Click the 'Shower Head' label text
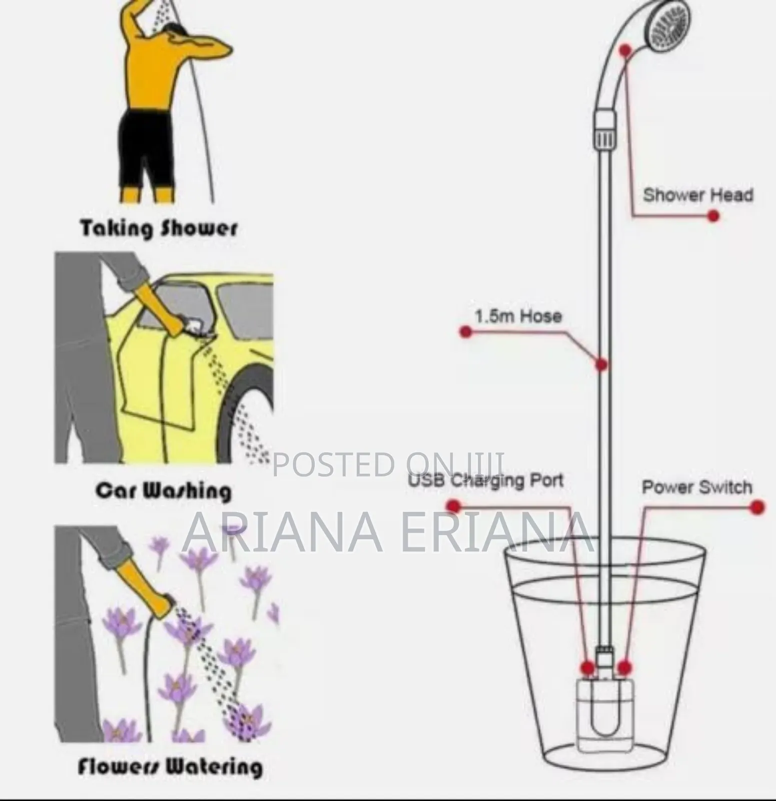click(x=697, y=194)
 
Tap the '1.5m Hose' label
click(x=518, y=316)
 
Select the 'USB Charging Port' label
click(x=486, y=481)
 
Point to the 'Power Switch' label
click(x=696, y=487)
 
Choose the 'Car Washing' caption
click(x=163, y=490)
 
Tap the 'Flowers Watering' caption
click(x=170, y=766)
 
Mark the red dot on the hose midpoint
click(x=601, y=364)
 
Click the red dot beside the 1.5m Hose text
click(x=466, y=331)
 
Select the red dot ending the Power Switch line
click(x=757, y=507)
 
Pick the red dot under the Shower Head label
click(x=713, y=216)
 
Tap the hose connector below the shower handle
click(x=604, y=130)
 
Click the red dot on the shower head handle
click(x=625, y=50)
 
